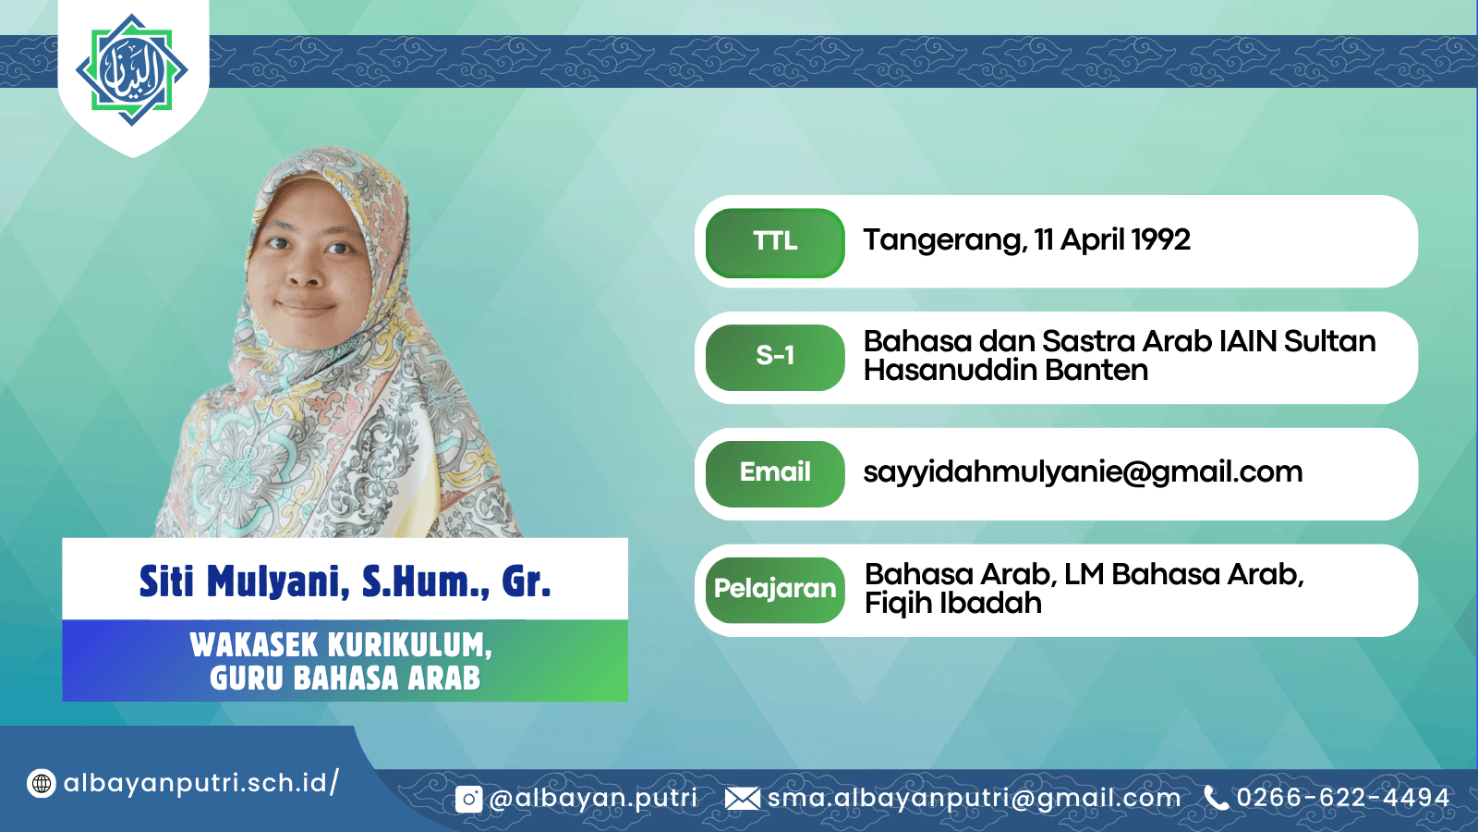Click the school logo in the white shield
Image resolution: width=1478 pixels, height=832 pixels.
(132, 70)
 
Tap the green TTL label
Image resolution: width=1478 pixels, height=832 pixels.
(775, 242)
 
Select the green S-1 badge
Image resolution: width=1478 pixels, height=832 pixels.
(775, 357)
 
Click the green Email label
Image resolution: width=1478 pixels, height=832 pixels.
(775, 473)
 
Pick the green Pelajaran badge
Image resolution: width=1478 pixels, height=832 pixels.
(775, 590)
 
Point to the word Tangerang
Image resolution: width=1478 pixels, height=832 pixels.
(946, 241)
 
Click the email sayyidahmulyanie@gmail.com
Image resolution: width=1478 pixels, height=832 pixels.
(1083, 473)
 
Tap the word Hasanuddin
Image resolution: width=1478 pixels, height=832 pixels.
(951, 370)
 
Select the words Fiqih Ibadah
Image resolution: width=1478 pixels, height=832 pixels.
(952, 604)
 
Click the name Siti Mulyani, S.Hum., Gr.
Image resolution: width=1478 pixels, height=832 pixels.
(345, 581)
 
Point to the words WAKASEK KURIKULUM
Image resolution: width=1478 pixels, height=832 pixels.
(341, 645)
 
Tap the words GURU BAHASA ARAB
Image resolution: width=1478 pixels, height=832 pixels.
(345, 679)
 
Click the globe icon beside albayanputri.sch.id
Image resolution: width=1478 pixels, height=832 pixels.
(41, 784)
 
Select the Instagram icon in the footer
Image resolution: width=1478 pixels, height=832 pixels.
(468, 799)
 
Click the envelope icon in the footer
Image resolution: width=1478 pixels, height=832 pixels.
(743, 799)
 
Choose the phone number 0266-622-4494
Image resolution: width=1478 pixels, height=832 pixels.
(1343, 798)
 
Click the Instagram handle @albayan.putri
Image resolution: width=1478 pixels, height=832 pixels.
(593, 799)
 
